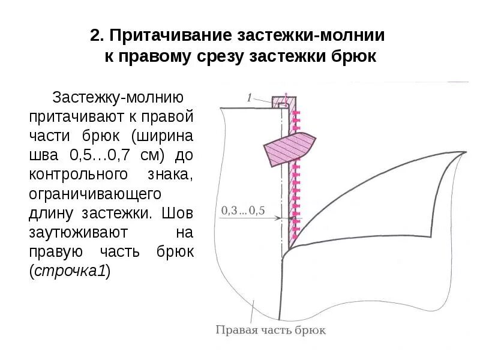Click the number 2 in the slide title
[x=95, y=35]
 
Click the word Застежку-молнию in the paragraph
[x=118, y=97]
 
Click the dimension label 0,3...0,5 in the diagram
[x=243, y=211]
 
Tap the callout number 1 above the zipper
[x=249, y=96]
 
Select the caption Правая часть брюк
[x=270, y=329]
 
